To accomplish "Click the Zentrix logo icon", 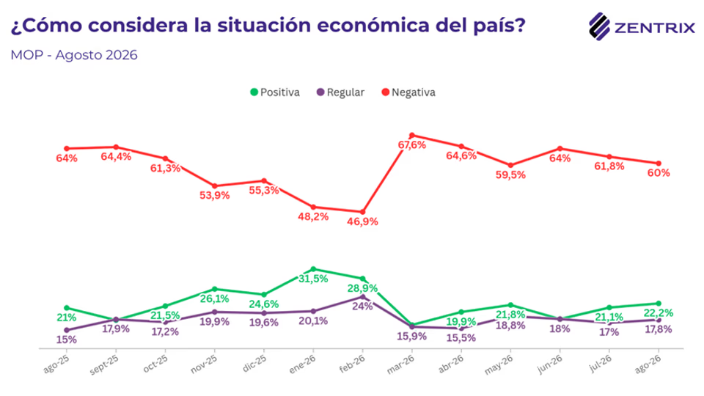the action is [x=599, y=26].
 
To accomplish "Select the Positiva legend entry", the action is [x=275, y=92].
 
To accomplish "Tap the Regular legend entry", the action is [x=340, y=92].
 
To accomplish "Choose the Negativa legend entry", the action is [x=408, y=92].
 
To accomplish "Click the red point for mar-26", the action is [x=411, y=135].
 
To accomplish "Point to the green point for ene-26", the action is [x=313, y=269].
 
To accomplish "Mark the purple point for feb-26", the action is [x=363, y=297].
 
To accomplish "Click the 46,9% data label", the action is [x=362, y=221].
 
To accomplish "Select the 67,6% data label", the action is [x=412, y=145].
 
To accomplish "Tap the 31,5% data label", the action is [x=313, y=279].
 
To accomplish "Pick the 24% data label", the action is [x=363, y=307].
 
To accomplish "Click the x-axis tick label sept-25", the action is [x=104, y=364].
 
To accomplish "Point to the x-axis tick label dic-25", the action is [x=254, y=363].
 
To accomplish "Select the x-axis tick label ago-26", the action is [x=648, y=364].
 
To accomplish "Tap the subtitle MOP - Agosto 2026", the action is [x=74, y=55].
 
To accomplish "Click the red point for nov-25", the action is [x=215, y=186].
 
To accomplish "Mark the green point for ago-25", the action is [x=67, y=308].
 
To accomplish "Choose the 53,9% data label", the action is [x=215, y=196].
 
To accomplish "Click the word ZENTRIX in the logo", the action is [x=655, y=29].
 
